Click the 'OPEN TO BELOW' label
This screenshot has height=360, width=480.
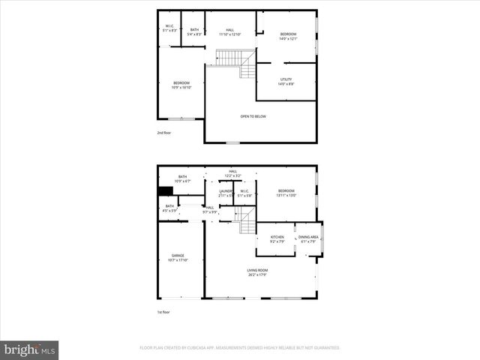click(x=253, y=116)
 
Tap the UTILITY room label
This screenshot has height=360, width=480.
click(x=286, y=82)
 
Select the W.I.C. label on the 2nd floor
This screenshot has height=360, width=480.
click(x=170, y=28)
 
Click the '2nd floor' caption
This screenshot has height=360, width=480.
click(x=163, y=133)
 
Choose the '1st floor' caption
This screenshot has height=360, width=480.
click(x=163, y=312)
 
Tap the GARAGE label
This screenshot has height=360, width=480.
click(x=178, y=258)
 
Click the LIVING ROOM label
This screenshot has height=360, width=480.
click(x=257, y=272)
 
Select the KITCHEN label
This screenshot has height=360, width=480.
click(x=277, y=239)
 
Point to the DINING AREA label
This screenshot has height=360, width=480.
click(x=308, y=239)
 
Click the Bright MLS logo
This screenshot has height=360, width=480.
click(x=30, y=349)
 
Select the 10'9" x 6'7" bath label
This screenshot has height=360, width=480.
click(x=183, y=178)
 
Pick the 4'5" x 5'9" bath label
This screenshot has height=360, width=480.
click(x=169, y=208)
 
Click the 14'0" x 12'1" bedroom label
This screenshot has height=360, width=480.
click(x=289, y=36)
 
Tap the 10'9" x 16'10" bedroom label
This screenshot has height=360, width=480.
click(x=181, y=85)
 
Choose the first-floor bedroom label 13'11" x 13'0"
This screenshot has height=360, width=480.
click(x=286, y=193)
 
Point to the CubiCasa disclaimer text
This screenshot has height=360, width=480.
click(x=240, y=348)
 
